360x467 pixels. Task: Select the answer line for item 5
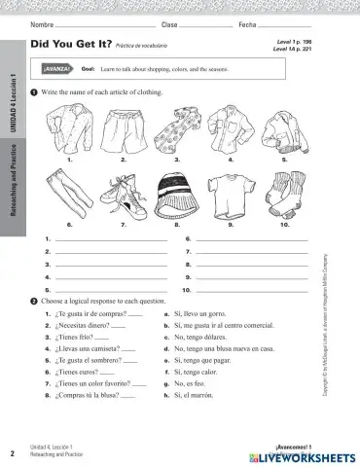pos(111,289)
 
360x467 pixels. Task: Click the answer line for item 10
pos(251,289)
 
